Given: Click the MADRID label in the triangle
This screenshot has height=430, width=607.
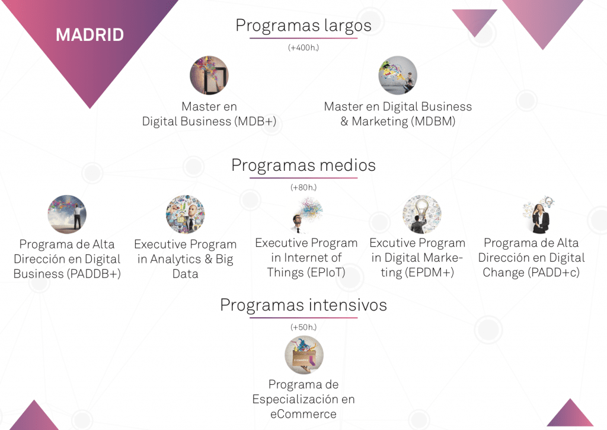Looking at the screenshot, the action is tap(90, 35).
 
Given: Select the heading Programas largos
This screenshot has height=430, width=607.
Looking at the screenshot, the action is tap(303, 26).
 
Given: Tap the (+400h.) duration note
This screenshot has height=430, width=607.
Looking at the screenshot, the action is tap(303, 47).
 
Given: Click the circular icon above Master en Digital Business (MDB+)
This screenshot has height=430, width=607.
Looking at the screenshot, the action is tap(209, 75).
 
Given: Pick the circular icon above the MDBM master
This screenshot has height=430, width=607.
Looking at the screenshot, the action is tap(398, 75).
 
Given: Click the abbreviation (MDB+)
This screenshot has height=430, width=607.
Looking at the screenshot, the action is tap(255, 121).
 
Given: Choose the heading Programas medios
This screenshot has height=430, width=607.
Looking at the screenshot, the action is tap(303, 165).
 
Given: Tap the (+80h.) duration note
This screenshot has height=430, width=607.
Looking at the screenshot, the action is tap(303, 187).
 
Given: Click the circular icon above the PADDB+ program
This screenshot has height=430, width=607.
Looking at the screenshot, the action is tap(67, 214).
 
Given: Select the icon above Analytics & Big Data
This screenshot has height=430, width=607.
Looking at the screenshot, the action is tap(186, 214).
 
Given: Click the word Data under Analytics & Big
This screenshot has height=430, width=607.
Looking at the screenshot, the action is tap(186, 274).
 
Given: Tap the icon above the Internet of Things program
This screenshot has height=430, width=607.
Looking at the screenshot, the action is tap(306, 214).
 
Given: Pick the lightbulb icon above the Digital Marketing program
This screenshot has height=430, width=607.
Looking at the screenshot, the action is tap(422, 214).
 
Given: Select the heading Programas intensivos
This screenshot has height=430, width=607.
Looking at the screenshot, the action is tap(303, 305).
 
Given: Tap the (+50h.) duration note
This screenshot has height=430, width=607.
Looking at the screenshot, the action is tap(303, 327).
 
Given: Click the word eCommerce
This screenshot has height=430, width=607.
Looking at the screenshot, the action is tap(303, 414).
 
